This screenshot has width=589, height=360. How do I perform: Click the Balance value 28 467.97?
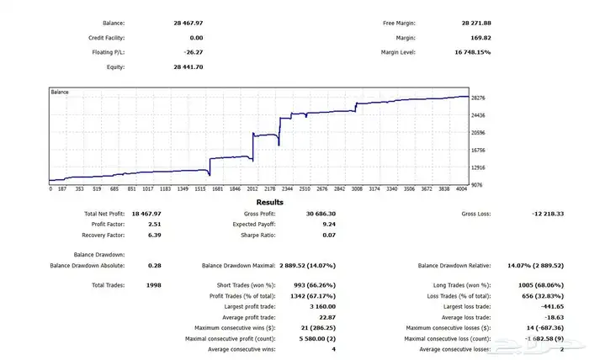(x=186, y=24)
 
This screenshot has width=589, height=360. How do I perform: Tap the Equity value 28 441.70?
(x=186, y=66)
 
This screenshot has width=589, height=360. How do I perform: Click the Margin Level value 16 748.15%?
(x=474, y=52)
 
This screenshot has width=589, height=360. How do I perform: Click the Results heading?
(x=270, y=203)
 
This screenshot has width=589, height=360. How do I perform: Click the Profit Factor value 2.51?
(x=155, y=225)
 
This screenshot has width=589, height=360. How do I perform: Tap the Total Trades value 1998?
(x=153, y=285)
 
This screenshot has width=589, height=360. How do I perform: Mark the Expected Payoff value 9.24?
(x=329, y=225)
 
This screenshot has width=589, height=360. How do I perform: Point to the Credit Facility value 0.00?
(x=197, y=38)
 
